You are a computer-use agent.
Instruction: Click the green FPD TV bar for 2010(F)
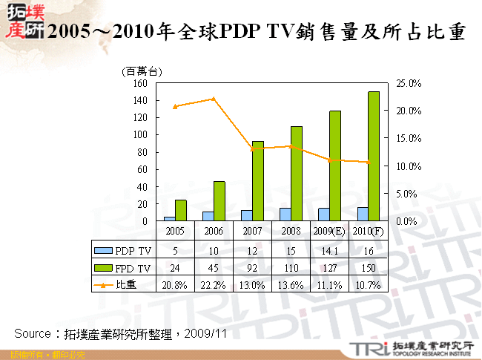(374, 156)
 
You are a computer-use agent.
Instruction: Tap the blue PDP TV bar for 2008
(285, 215)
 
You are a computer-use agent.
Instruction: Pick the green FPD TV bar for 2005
(181, 210)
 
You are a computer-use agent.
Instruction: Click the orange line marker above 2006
(214, 99)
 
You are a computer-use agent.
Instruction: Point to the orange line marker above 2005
(175, 106)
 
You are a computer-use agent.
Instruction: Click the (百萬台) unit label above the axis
(141, 71)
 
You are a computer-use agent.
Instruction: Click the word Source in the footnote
(33, 333)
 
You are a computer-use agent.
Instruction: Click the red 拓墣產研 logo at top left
(22, 22)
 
